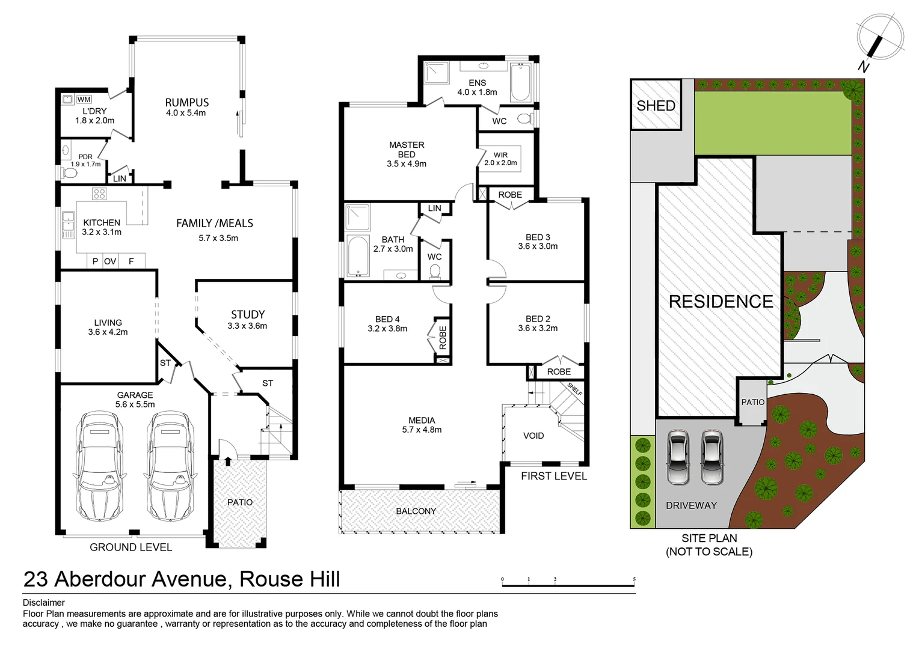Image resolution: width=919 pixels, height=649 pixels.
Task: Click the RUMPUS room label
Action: tap(186, 102)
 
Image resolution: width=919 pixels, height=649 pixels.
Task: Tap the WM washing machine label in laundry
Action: tap(84, 99)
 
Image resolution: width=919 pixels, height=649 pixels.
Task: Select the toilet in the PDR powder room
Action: tap(69, 174)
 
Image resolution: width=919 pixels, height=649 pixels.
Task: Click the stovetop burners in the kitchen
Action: tap(99, 194)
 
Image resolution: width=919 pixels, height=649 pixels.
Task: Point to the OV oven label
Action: tap(110, 261)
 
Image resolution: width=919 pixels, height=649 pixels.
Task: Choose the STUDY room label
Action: tap(248, 314)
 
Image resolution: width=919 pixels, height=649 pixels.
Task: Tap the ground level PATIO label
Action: tap(240, 502)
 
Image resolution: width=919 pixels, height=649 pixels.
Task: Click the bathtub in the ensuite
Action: tap(520, 84)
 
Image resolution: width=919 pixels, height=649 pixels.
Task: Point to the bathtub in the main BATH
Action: tap(356, 257)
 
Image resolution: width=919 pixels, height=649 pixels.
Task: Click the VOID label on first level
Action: tap(533, 436)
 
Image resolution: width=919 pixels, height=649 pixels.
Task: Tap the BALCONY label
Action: tap(416, 511)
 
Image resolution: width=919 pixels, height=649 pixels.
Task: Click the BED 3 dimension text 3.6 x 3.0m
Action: tap(538, 246)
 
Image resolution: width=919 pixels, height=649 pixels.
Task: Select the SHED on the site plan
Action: tap(656, 106)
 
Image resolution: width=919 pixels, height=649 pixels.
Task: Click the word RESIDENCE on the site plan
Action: tap(721, 302)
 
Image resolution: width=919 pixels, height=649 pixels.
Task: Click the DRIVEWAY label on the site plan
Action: tap(691, 505)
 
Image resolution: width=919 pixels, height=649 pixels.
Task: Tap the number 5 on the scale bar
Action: tap(635, 580)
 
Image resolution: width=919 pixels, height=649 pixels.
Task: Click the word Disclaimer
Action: tap(43, 603)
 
